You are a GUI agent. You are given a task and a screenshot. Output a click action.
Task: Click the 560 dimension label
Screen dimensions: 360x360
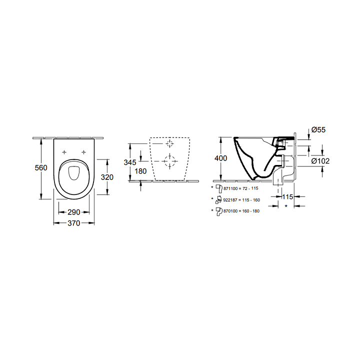[41, 168]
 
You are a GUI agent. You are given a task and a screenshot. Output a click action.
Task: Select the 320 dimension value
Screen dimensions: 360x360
[107, 177]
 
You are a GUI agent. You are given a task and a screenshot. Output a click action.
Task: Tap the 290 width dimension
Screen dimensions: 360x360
[73, 212]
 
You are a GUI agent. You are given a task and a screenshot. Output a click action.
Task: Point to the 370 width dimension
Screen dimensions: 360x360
[73, 223]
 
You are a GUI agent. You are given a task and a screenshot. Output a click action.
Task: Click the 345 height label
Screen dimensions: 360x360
[130, 162]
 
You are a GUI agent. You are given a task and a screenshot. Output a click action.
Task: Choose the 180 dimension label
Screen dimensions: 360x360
[140, 171]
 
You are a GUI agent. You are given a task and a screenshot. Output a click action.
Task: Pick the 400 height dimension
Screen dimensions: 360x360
[220, 158]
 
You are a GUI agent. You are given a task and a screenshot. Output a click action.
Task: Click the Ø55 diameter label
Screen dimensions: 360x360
[318, 130]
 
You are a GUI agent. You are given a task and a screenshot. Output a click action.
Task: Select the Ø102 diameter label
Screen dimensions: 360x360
[320, 161]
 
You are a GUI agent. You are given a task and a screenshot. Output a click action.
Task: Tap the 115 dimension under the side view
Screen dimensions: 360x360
[287, 197]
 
